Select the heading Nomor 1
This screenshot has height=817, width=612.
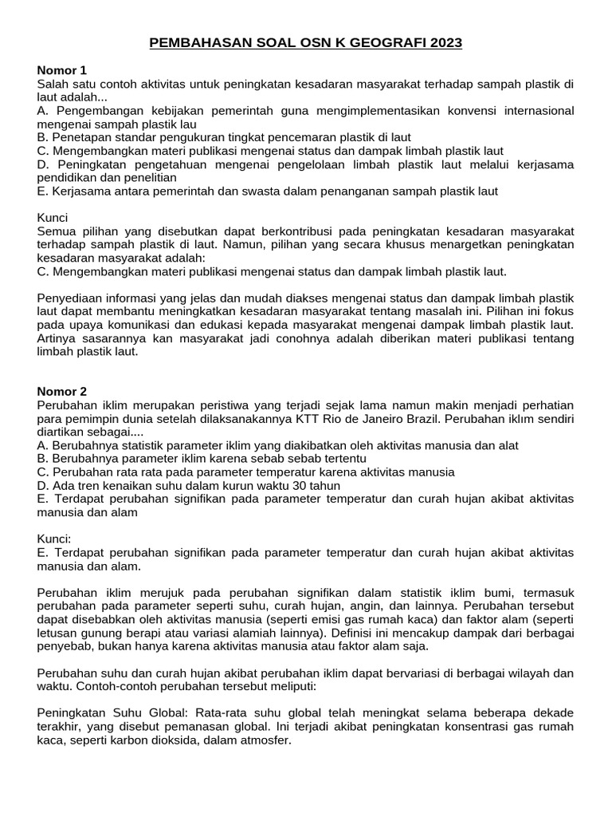[x=61, y=70]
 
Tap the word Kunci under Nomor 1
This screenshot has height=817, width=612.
[x=53, y=218]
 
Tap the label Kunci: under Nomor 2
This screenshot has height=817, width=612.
[x=54, y=539]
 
